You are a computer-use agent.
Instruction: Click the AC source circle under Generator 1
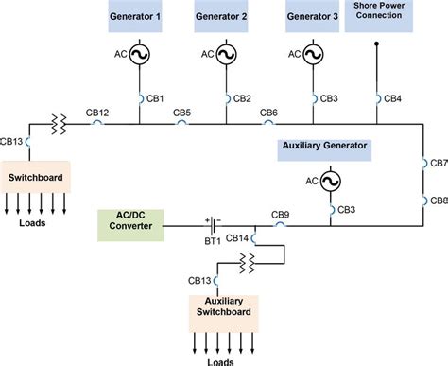coord(140,56)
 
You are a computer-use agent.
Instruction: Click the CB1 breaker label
coord(157,98)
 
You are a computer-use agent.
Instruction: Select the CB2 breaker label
coord(243,98)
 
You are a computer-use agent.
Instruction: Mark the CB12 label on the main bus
coord(97,113)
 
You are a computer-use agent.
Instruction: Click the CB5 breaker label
coord(182,113)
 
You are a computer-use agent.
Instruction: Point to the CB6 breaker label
coord(268,113)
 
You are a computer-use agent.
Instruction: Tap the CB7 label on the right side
coord(438,163)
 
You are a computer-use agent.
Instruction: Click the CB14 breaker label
coord(236,237)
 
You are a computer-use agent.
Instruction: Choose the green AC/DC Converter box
coord(131,225)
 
